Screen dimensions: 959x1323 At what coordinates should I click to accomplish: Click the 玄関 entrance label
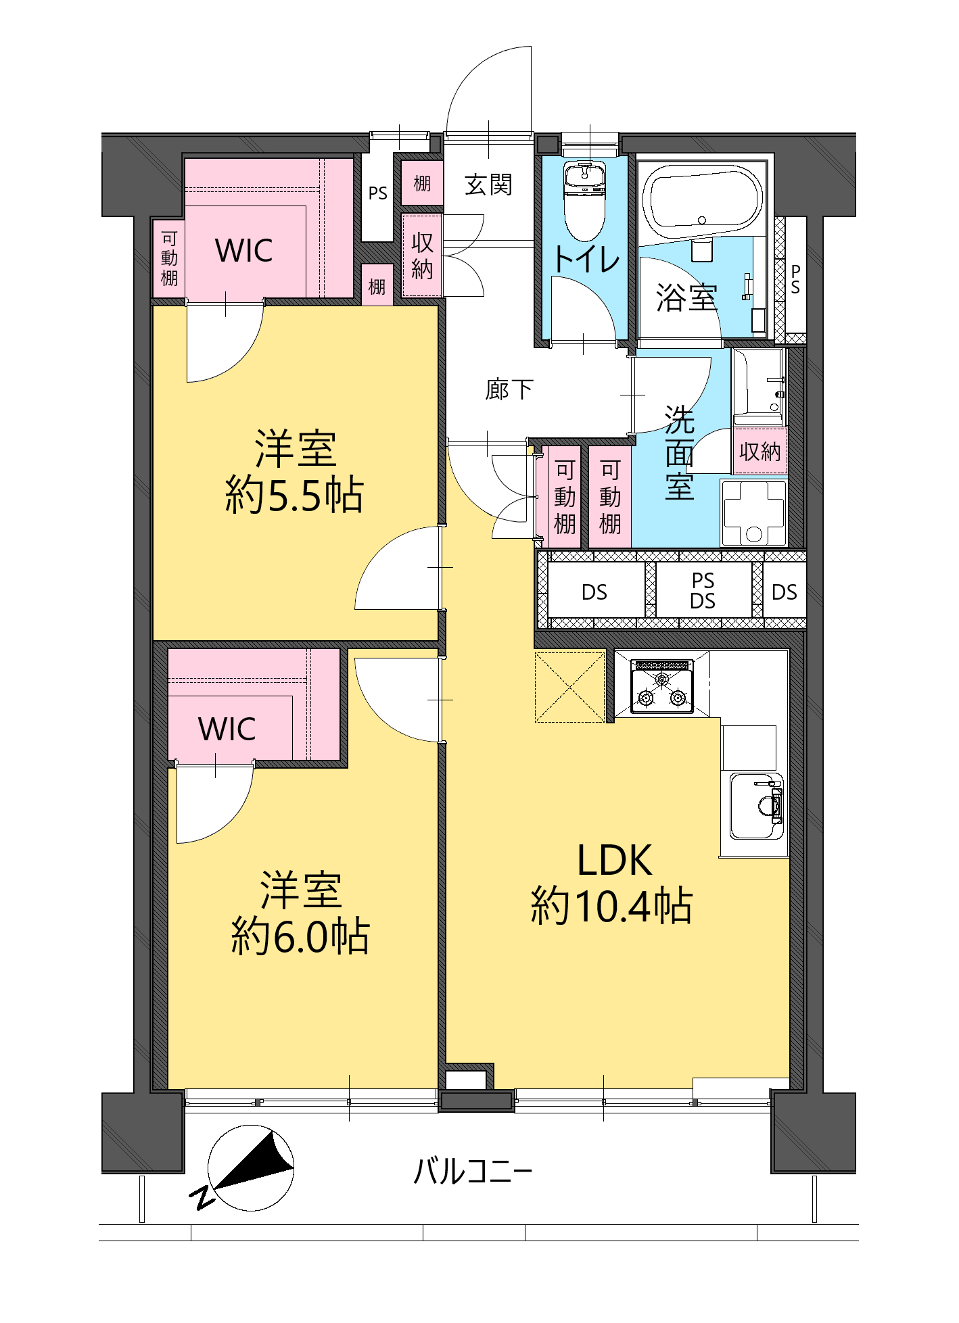click(x=488, y=185)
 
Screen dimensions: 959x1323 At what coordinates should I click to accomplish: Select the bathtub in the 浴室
click(x=702, y=197)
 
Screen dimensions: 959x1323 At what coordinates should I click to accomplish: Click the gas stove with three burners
click(x=662, y=686)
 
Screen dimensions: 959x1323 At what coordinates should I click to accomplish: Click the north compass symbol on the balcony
click(x=250, y=1168)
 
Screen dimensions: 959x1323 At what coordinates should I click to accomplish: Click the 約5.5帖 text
click(x=294, y=495)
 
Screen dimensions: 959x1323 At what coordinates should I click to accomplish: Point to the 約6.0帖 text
click(x=300, y=936)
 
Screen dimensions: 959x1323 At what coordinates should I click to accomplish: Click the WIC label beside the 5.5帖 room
click(x=244, y=251)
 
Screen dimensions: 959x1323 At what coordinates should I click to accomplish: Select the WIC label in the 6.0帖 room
click(x=227, y=729)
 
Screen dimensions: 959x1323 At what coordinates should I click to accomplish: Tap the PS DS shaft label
click(x=703, y=591)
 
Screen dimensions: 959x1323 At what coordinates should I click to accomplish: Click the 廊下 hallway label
click(x=509, y=389)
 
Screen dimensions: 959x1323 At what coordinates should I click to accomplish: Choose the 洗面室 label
click(x=680, y=452)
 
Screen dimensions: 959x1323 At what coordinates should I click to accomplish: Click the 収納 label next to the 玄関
click(x=422, y=256)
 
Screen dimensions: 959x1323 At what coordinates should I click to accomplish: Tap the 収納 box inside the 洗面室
click(x=760, y=451)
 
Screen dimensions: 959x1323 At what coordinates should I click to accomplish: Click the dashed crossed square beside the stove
click(x=569, y=687)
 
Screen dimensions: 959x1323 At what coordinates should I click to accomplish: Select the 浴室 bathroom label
click(x=686, y=297)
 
